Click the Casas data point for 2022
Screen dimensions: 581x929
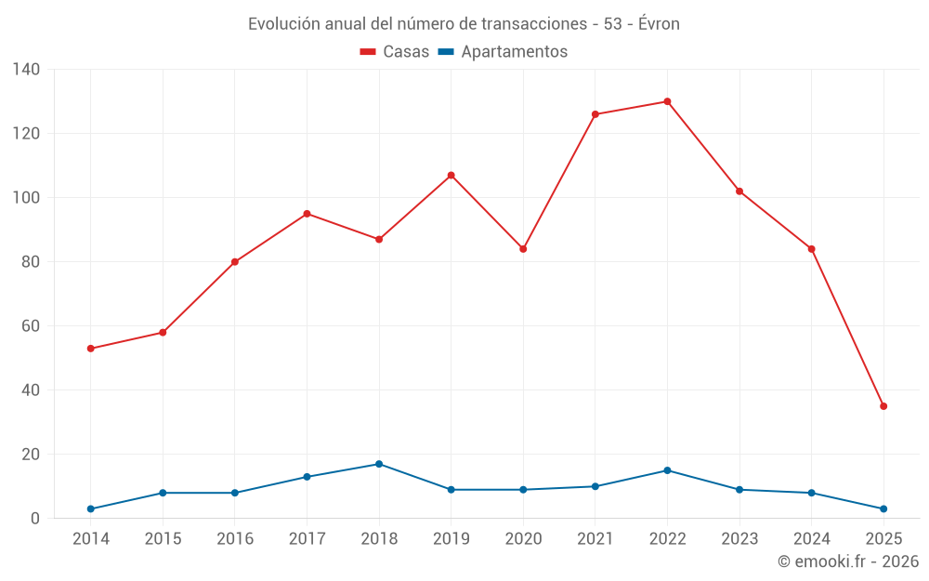click(x=667, y=101)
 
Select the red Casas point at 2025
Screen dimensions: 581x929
click(x=883, y=406)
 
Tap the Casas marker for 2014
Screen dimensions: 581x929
click(x=90, y=349)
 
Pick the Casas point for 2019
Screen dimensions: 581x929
click(x=451, y=175)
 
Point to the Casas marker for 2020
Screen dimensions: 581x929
click(x=523, y=249)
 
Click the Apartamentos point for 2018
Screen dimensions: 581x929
click(x=379, y=464)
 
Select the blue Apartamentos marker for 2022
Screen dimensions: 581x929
click(x=667, y=470)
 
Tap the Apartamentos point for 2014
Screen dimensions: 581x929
click(x=90, y=508)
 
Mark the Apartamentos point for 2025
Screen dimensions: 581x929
click(x=883, y=508)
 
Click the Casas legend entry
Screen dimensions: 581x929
click(x=395, y=52)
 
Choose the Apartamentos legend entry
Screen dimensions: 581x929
click(x=502, y=52)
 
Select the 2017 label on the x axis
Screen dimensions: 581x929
click(x=307, y=539)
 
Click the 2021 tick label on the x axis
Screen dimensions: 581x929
click(x=595, y=539)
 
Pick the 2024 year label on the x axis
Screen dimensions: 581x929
click(x=812, y=539)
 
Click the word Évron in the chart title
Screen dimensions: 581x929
click(x=656, y=24)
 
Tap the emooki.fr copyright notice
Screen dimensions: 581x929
click(x=847, y=561)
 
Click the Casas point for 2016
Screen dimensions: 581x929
click(x=235, y=262)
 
